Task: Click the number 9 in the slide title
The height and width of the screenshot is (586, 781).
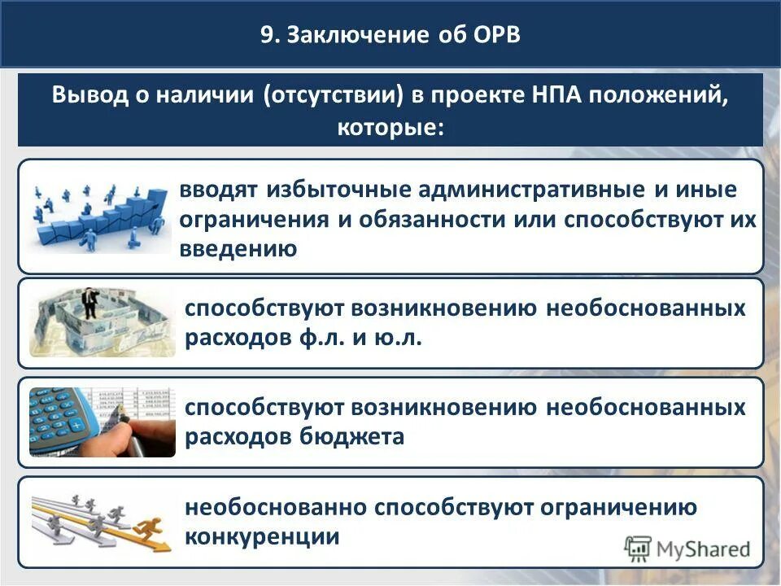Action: coord(266,35)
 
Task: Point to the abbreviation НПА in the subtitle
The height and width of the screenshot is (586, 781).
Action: coord(556,96)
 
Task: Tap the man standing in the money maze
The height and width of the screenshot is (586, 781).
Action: coord(91,303)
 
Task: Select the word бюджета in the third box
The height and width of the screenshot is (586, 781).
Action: coord(355,437)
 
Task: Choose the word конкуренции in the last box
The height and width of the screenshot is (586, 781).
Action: coord(262,537)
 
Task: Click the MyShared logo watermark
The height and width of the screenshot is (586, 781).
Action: coord(687,549)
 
